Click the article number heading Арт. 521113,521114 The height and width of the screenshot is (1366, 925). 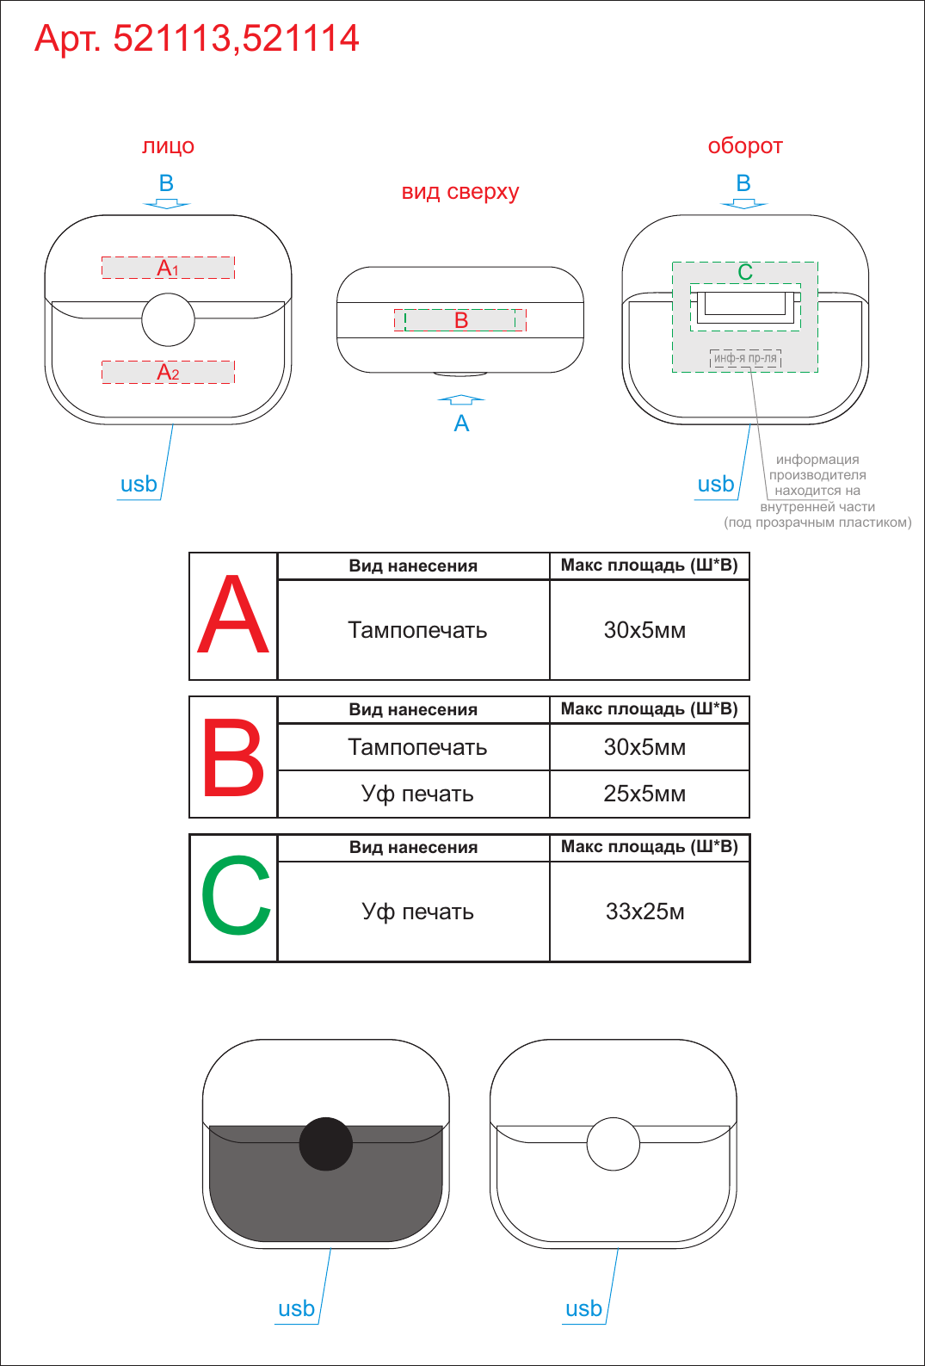point(196,39)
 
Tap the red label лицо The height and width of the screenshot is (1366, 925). point(169,146)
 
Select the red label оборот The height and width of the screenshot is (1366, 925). point(745,146)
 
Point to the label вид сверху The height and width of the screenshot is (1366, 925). point(460,192)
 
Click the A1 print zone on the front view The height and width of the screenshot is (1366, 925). point(168,268)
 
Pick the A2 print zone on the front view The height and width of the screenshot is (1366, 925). point(168,372)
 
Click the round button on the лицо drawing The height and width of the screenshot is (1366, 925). point(169,319)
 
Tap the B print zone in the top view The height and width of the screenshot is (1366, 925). point(460,320)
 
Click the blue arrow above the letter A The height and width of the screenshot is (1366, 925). point(461,400)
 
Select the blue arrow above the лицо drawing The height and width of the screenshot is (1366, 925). point(166,204)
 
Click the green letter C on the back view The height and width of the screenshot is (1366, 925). point(745,272)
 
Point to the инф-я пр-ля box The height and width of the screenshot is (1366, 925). point(745,359)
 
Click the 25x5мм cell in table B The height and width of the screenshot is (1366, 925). point(650,794)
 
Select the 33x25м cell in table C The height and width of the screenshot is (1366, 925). point(650,912)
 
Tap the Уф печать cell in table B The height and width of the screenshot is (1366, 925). point(413,794)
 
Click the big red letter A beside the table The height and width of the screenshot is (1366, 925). point(233,614)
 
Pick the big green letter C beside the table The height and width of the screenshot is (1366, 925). point(236,895)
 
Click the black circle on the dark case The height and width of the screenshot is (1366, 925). point(325,1144)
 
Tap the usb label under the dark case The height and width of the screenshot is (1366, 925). point(296,1308)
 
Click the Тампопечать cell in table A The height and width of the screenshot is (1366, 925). point(413,630)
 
